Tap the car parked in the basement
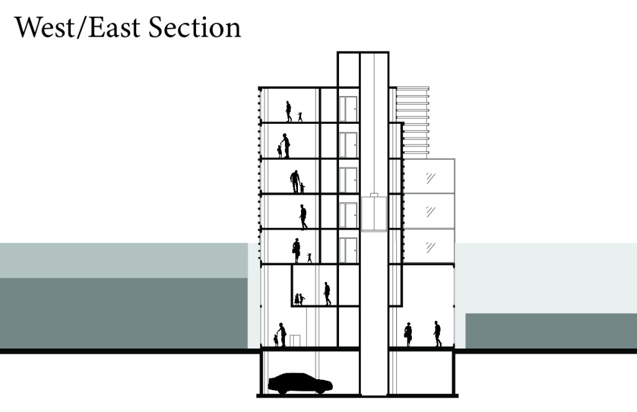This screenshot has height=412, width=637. pos(300,383)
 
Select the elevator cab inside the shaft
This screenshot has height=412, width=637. pos(373,213)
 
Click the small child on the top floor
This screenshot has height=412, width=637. pos(300,116)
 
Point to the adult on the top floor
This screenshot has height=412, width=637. pos(289,111)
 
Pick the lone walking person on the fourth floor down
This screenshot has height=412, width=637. pos(304,217)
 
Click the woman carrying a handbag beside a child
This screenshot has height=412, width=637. pos(297,250)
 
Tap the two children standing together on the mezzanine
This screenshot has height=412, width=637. pos(299,299)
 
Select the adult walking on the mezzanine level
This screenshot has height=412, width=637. pos(327,294)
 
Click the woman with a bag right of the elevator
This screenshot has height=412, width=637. pos(408,334)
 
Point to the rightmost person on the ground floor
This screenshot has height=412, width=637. pos(437,334)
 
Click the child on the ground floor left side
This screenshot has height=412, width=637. pos(276,340)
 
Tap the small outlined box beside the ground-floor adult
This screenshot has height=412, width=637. pos(295,340)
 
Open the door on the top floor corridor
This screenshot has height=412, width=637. pos(348,109)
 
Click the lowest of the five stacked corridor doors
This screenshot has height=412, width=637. pos(348,250)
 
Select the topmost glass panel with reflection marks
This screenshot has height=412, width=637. pos(429,177)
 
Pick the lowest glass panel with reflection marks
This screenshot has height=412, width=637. pos(429,246)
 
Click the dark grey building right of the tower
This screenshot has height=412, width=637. pos(551,330)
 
